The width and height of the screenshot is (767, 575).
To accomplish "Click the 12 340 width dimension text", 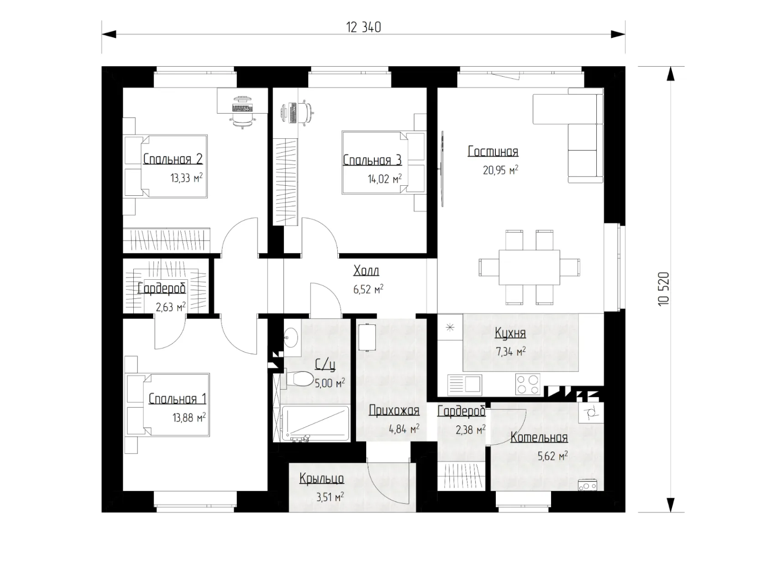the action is click(x=363, y=27).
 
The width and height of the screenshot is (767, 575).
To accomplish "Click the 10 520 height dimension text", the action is click(x=663, y=289).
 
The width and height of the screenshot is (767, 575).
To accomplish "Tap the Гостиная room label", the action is click(x=493, y=152).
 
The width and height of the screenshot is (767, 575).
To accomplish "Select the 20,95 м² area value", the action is click(x=500, y=170).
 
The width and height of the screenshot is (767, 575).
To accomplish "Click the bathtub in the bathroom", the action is click(x=315, y=423).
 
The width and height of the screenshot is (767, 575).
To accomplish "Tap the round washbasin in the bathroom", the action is click(x=291, y=337).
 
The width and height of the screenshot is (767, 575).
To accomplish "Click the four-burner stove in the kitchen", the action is click(x=527, y=384).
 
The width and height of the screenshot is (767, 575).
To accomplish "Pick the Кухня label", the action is click(x=510, y=333).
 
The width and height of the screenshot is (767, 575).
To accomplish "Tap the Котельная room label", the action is click(x=539, y=437).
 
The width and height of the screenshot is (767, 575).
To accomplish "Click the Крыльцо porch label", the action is click(x=321, y=479).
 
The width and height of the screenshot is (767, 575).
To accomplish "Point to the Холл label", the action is click(x=366, y=271).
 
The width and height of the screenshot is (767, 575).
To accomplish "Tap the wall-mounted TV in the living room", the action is click(x=442, y=169).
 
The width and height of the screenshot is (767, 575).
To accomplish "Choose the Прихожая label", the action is click(x=394, y=411).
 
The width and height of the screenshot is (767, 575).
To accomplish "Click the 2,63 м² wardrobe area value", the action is click(x=171, y=307).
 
